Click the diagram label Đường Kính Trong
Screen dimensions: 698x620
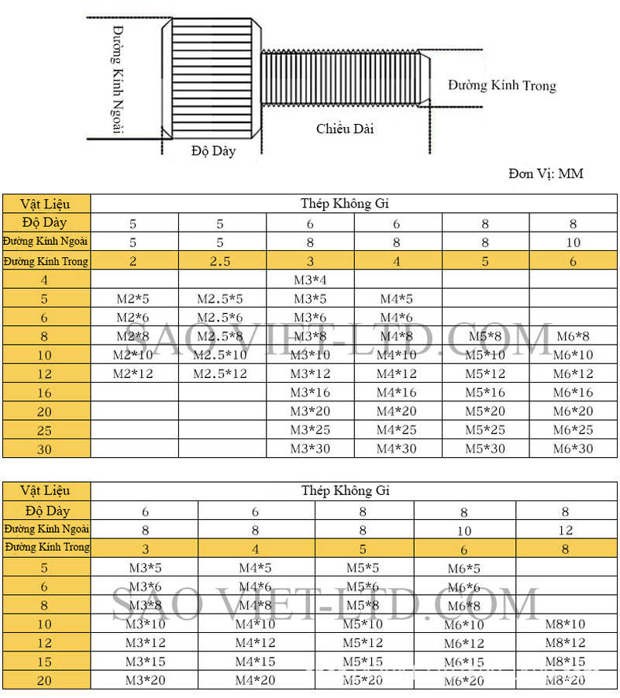click(x=501, y=86)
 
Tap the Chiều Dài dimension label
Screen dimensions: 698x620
click(x=344, y=129)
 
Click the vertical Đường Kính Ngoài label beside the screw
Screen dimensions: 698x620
click(x=118, y=79)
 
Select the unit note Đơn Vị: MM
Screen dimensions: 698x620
click(x=546, y=173)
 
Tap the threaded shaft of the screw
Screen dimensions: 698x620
click(x=341, y=77)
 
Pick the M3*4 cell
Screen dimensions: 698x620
click(x=310, y=280)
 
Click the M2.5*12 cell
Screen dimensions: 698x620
click(x=220, y=373)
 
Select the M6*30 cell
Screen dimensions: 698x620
click(x=573, y=449)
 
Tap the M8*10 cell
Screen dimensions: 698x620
click(x=565, y=624)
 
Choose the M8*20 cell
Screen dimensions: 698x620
click(x=565, y=679)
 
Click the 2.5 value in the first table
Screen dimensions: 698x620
click(x=220, y=261)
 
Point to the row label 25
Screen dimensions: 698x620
click(x=45, y=430)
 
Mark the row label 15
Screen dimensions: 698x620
click(x=45, y=662)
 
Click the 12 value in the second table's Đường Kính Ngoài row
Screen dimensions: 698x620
click(x=565, y=530)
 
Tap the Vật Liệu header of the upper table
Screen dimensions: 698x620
click(x=45, y=205)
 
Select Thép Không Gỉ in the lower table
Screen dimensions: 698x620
click(x=346, y=490)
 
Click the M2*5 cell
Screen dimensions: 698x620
click(x=133, y=298)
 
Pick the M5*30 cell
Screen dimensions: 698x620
click(x=485, y=449)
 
